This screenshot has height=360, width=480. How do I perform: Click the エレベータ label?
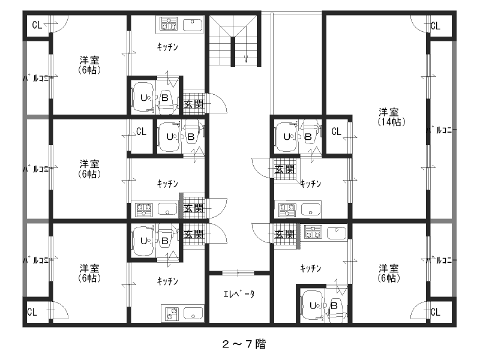[x=239, y=294]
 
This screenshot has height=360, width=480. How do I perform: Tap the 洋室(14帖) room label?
[x=392, y=117]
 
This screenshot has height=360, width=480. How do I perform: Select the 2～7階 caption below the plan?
[x=244, y=344]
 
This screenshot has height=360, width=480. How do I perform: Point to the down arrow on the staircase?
[x=246, y=58]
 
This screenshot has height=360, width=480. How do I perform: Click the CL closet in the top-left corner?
[x=37, y=25]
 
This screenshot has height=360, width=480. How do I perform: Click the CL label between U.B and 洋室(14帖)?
[x=336, y=131]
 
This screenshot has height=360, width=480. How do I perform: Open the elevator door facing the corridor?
[x=238, y=273]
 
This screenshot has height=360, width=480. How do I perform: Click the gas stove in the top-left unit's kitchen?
[x=169, y=24]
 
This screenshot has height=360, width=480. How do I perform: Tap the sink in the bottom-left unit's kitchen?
[x=193, y=313]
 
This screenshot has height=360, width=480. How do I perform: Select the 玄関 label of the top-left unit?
[x=194, y=104]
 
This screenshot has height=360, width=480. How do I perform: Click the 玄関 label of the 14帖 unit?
[x=284, y=169]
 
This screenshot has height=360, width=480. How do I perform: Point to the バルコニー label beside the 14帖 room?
[x=442, y=130]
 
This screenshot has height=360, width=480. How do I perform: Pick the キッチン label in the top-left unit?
[x=167, y=47]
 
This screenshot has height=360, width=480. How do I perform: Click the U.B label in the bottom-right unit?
[x=323, y=305]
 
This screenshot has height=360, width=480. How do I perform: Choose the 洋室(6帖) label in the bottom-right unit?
[x=389, y=273]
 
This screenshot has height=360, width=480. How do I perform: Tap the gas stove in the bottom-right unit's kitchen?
[x=313, y=232]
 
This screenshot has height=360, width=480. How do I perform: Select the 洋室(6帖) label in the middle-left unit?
[x=89, y=169]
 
